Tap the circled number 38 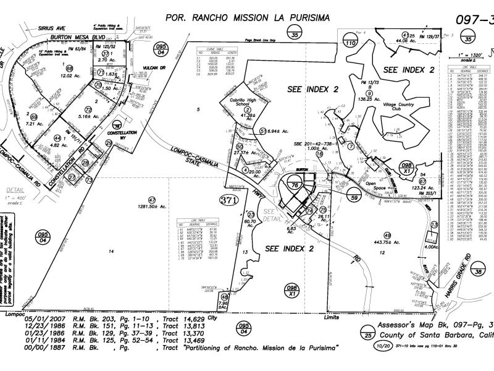tap(478, 271)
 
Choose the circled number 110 tap(351, 43)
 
